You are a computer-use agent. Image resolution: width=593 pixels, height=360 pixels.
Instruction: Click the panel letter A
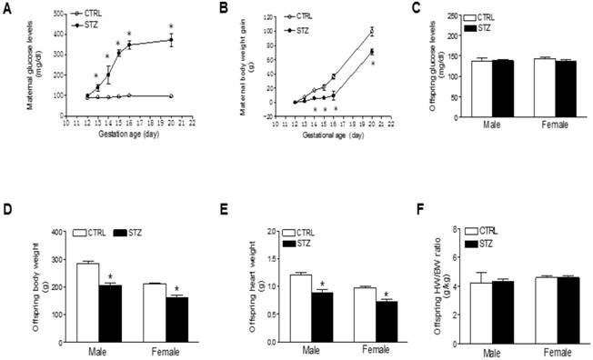(7, 7)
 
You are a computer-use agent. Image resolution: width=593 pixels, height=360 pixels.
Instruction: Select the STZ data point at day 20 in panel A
(171, 39)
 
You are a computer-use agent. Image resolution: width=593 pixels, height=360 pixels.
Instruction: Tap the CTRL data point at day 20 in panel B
(372, 31)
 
